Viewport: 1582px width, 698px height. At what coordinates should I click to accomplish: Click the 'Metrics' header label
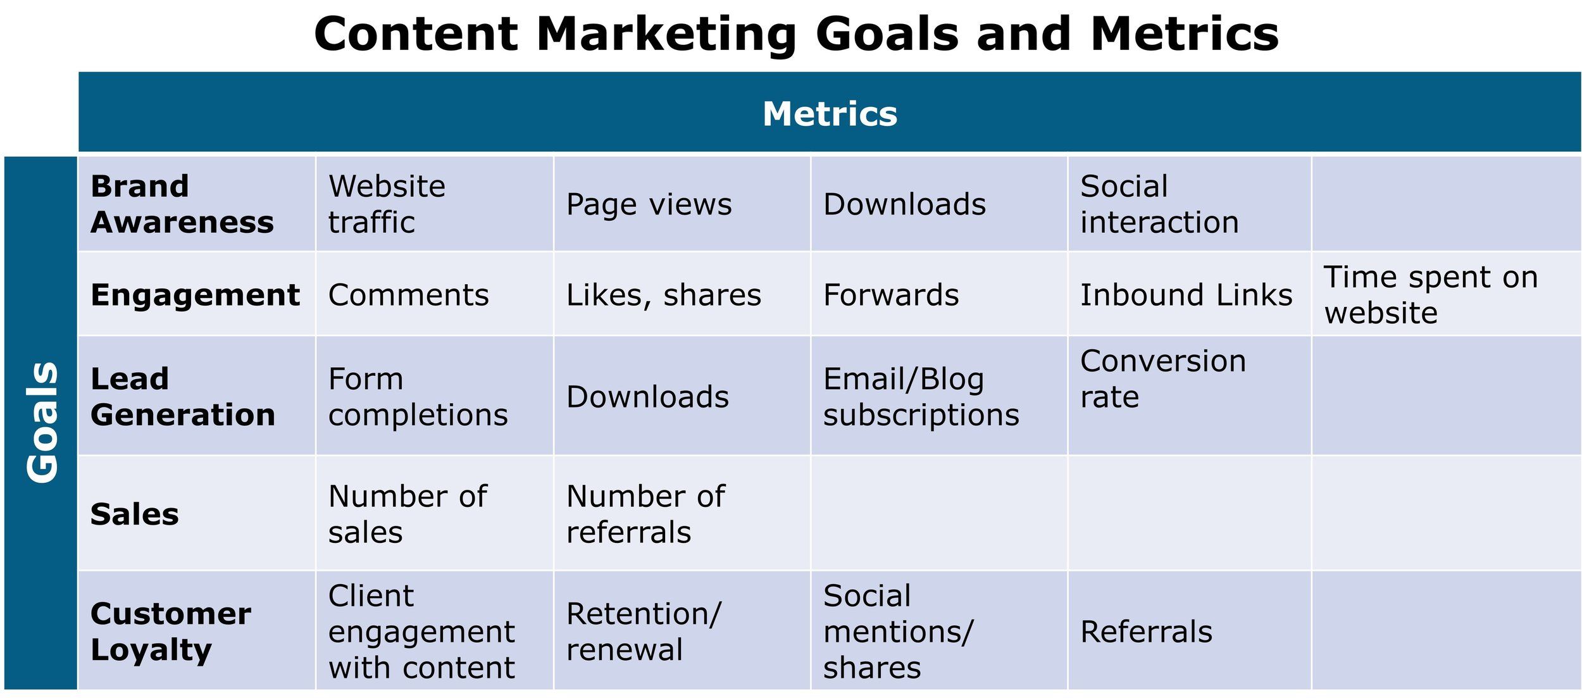tap(830, 114)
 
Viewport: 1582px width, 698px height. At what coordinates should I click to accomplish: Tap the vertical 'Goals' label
tap(43, 422)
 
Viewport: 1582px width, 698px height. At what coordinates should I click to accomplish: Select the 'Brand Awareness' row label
tap(182, 204)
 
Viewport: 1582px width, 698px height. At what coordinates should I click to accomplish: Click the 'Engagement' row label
tap(195, 296)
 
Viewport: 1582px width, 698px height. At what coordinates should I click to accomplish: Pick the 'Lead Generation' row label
tap(183, 397)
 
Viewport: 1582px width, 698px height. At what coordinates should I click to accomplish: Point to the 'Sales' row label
tap(135, 514)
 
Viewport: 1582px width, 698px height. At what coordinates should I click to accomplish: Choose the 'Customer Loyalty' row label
tap(171, 632)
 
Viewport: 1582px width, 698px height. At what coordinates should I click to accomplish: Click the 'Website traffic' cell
tap(387, 204)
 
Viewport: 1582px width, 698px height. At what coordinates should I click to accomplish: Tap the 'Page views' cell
tap(649, 205)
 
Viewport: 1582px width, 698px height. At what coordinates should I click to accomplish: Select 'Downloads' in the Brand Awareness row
tap(904, 204)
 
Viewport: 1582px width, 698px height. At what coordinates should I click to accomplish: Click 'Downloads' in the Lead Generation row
tap(647, 397)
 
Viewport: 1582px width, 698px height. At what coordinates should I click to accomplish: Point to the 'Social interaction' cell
tap(1159, 204)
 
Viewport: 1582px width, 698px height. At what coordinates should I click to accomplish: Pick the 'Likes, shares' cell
tap(664, 296)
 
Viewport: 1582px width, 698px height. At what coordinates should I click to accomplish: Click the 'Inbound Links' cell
tap(1186, 295)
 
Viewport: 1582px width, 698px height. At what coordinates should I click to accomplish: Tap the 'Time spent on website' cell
tap(1431, 295)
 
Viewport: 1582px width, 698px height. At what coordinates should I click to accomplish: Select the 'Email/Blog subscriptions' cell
tap(921, 397)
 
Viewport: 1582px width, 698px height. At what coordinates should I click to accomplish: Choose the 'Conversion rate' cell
tap(1163, 379)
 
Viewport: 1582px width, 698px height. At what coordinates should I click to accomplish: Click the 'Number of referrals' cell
tap(645, 514)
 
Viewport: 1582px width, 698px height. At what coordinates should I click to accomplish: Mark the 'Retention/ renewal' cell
tap(644, 632)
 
